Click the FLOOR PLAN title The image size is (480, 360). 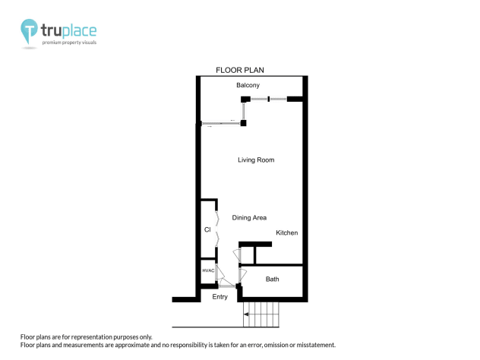tap(239, 70)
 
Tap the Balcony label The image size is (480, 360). tap(248, 85)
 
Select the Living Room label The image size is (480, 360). tap(255, 160)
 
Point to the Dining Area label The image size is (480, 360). tap(249, 218)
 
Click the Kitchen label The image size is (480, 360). tap(286, 232)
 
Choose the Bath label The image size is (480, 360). tap(272, 279)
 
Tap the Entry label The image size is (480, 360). tap(219, 297)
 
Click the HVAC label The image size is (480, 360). tap(208, 271)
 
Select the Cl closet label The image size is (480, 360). tap(207, 229)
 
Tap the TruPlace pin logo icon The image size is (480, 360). tap(29, 31)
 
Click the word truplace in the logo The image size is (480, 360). tap(68, 30)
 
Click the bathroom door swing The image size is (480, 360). tap(242, 274)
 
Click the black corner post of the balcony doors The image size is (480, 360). tap(244, 122)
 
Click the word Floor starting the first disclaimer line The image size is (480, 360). tap(27, 336)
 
